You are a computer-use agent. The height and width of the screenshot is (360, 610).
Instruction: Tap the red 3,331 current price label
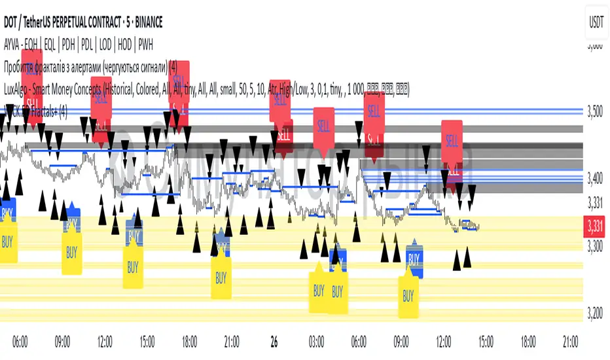coord(595,226)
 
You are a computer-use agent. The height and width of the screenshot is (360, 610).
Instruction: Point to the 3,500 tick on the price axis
coord(595,111)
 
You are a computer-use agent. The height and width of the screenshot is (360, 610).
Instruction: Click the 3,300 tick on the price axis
coord(595,247)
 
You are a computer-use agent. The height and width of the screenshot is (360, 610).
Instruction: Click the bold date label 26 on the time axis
coord(274,342)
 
